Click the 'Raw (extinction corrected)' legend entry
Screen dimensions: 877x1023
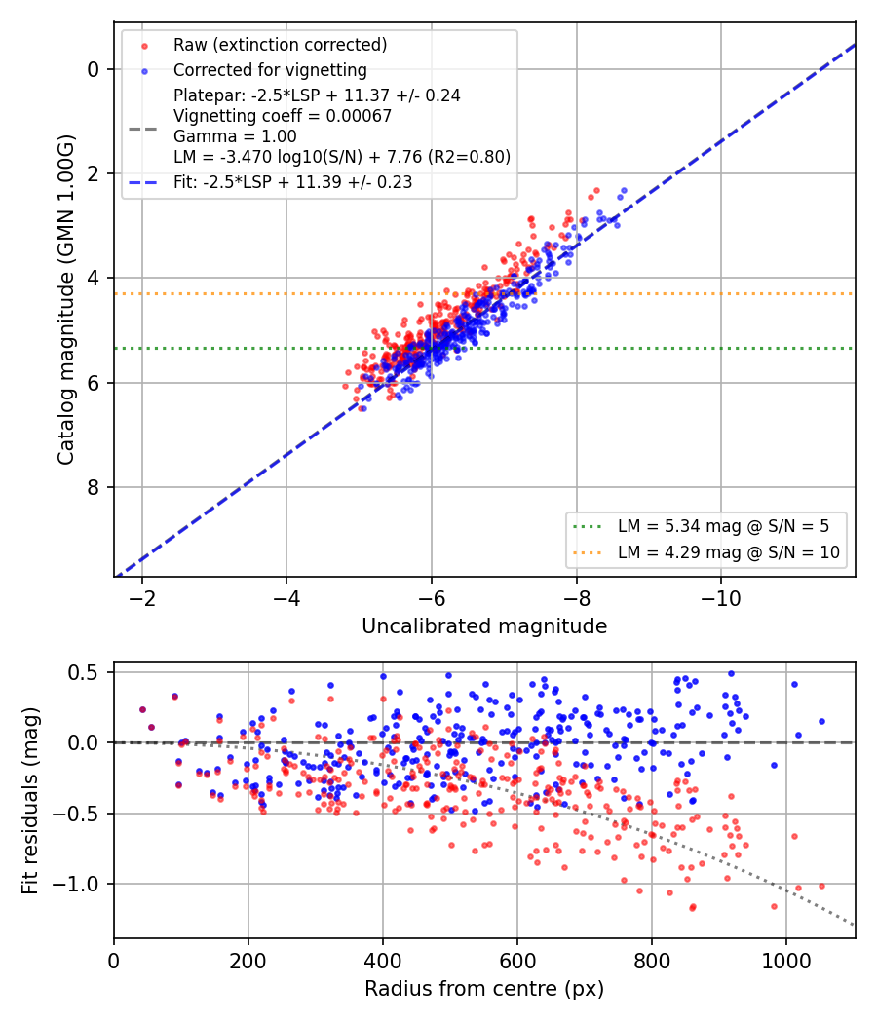coord(280,45)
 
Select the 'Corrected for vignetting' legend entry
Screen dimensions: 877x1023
coord(270,70)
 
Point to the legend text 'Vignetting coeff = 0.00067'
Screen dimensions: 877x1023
coord(283,116)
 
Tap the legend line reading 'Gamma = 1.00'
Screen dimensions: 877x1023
coord(235,136)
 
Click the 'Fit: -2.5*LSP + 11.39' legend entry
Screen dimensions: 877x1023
coord(293,182)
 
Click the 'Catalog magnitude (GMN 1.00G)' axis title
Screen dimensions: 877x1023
coord(66,300)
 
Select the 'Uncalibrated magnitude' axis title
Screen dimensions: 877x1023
coord(484,626)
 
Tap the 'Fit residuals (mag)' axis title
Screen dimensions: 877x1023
coord(29,801)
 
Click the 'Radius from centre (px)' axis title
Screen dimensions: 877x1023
coord(484,989)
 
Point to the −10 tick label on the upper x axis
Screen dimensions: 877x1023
coord(721,598)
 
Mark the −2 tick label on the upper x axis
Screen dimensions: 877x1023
coord(142,598)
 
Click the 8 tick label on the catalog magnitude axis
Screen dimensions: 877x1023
coord(93,487)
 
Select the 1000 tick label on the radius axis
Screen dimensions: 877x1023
coord(786,961)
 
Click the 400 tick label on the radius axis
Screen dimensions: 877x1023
coord(382,961)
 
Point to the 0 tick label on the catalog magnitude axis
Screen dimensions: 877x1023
coord(93,69)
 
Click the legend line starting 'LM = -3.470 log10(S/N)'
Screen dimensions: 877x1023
coord(342,157)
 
